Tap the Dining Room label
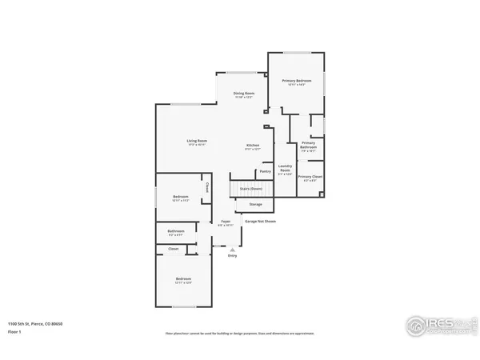click(244, 94)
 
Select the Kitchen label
click(252, 145)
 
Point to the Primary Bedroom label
click(296, 81)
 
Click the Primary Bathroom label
click(308, 144)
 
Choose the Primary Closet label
click(310, 176)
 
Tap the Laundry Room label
click(285, 169)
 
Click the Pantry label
click(265, 171)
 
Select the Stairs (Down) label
click(251, 189)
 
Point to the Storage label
click(255, 205)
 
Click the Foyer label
click(226, 222)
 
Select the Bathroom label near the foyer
click(176, 231)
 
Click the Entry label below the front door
click(233, 255)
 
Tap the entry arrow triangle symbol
click(233, 249)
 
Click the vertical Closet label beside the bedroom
click(207, 189)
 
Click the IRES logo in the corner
click(436, 326)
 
